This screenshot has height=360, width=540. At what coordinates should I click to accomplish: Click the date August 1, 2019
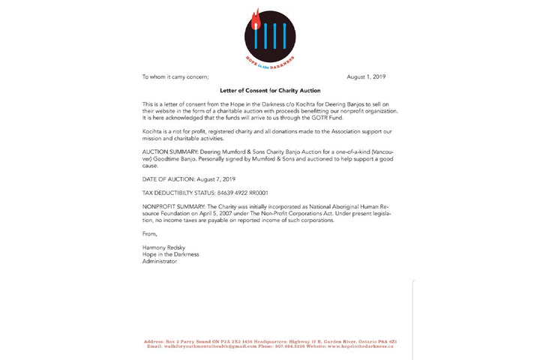click(x=366, y=76)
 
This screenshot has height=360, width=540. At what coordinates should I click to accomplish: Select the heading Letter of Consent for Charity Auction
click(x=269, y=90)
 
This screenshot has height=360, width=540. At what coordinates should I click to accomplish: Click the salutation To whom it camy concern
click(x=175, y=76)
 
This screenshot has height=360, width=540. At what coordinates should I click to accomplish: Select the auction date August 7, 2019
click(x=215, y=178)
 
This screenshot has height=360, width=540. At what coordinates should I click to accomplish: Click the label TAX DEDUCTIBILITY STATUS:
click(x=179, y=192)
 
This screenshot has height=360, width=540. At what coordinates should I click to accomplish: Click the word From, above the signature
click(x=150, y=233)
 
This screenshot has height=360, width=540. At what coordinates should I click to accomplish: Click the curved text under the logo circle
click(x=269, y=60)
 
